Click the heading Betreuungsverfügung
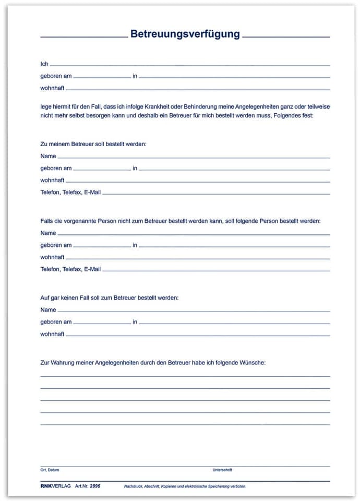click(x=185, y=34)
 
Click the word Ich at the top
click(x=44, y=64)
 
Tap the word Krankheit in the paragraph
click(x=181, y=106)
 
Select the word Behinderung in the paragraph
click(x=225, y=106)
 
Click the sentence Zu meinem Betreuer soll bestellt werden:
click(x=93, y=144)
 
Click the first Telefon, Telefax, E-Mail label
click(x=70, y=193)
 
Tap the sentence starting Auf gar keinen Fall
click(x=109, y=297)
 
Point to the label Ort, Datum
click(x=50, y=470)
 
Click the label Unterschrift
click(x=222, y=470)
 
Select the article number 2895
click(x=95, y=486)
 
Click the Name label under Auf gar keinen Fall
click(x=48, y=310)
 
